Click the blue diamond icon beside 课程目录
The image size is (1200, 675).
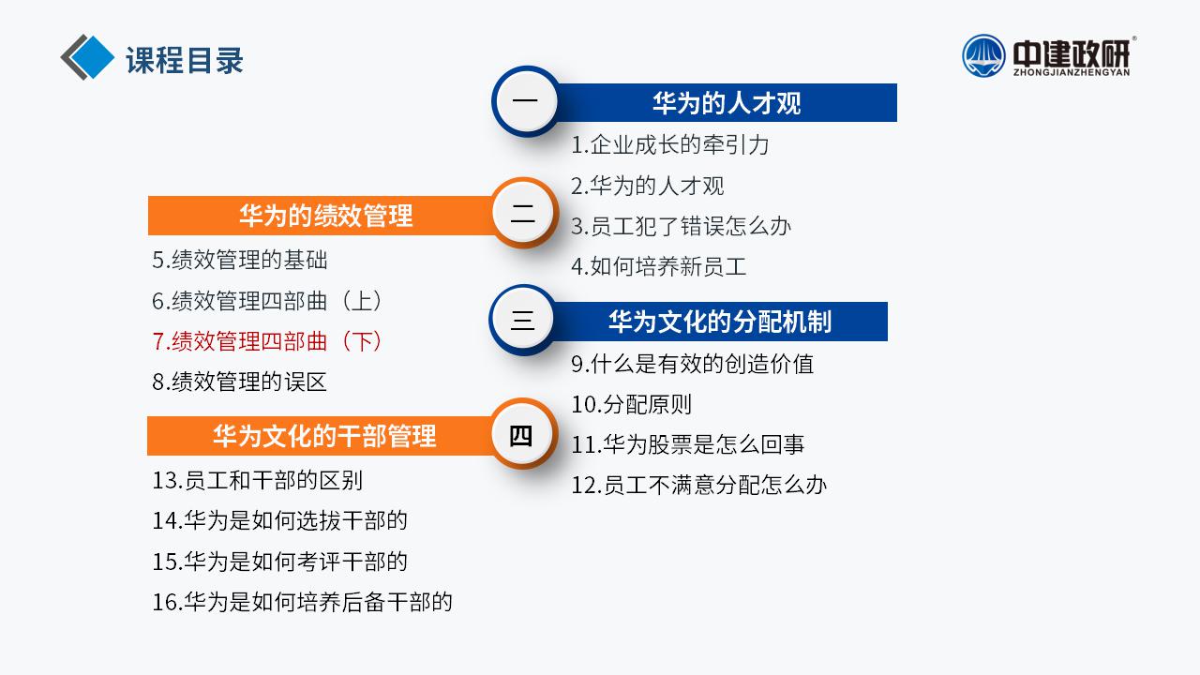(92, 57)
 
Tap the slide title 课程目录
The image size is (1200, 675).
(185, 59)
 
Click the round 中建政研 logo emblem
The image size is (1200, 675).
(983, 55)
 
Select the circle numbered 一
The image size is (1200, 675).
(526, 100)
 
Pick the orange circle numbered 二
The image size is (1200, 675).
(523, 213)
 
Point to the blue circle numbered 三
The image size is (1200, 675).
(523, 320)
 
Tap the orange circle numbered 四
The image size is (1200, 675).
(522, 434)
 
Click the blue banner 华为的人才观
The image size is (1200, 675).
(727, 102)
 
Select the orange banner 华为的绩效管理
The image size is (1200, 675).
(322, 216)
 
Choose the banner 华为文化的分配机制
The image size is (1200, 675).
(719, 322)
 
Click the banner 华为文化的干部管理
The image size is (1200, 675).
(321, 436)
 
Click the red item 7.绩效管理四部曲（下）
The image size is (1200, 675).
(266, 341)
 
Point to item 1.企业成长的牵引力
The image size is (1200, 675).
(670, 144)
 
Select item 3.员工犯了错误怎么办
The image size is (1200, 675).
(681, 226)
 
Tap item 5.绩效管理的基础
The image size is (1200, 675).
(239, 260)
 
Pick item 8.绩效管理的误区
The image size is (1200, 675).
(239, 382)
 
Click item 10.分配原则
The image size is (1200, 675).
(632, 404)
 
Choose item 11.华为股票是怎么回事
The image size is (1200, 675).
(688, 444)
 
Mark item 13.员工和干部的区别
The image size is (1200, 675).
(258, 480)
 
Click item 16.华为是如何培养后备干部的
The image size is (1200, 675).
(302, 602)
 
